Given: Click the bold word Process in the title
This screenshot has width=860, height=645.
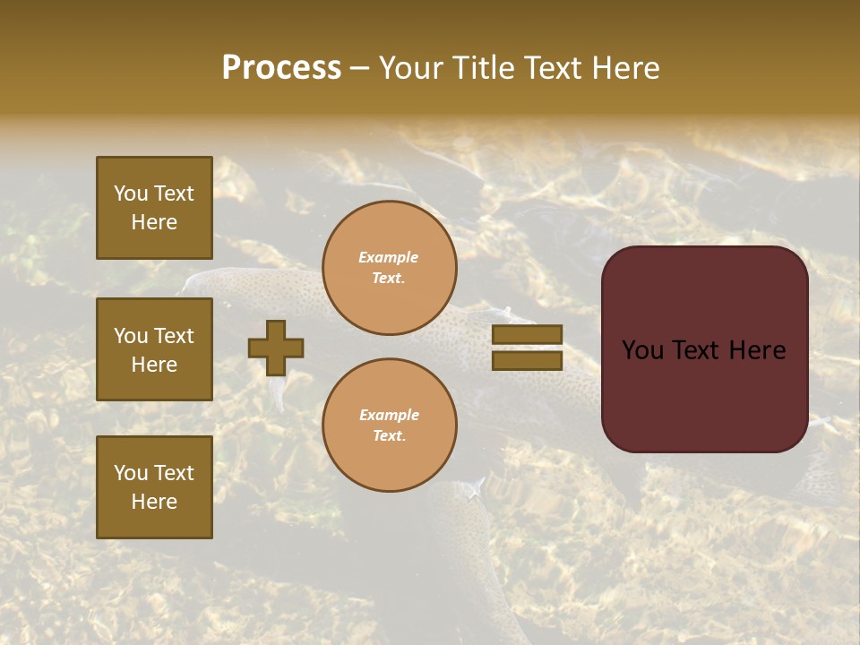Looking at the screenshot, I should tap(281, 67).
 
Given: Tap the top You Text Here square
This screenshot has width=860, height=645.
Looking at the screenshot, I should tap(154, 208).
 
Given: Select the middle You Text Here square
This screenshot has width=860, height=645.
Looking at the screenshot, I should tap(154, 349).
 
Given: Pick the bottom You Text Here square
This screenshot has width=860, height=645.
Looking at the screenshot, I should tap(154, 487).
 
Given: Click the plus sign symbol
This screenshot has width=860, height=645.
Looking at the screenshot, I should tap(276, 348).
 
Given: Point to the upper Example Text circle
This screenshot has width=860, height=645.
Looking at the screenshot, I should tap(389, 268).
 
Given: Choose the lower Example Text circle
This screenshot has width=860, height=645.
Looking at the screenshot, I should tap(389, 426).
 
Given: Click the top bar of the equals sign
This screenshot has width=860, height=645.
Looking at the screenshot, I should tap(527, 335).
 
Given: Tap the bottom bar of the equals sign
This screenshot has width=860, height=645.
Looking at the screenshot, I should tap(527, 361).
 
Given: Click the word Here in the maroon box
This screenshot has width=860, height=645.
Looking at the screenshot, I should tap(757, 350).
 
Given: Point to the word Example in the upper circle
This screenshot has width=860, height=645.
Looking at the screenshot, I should tap(389, 257).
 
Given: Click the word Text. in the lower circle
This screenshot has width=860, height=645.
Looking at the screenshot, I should tap(389, 436).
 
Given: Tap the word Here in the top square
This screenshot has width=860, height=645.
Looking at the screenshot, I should tap(154, 222).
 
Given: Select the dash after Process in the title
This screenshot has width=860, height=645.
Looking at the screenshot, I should tap(359, 68).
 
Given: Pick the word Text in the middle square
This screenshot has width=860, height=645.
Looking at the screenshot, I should tap(174, 336).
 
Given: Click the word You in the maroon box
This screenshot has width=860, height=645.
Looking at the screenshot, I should tap(642, 350).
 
